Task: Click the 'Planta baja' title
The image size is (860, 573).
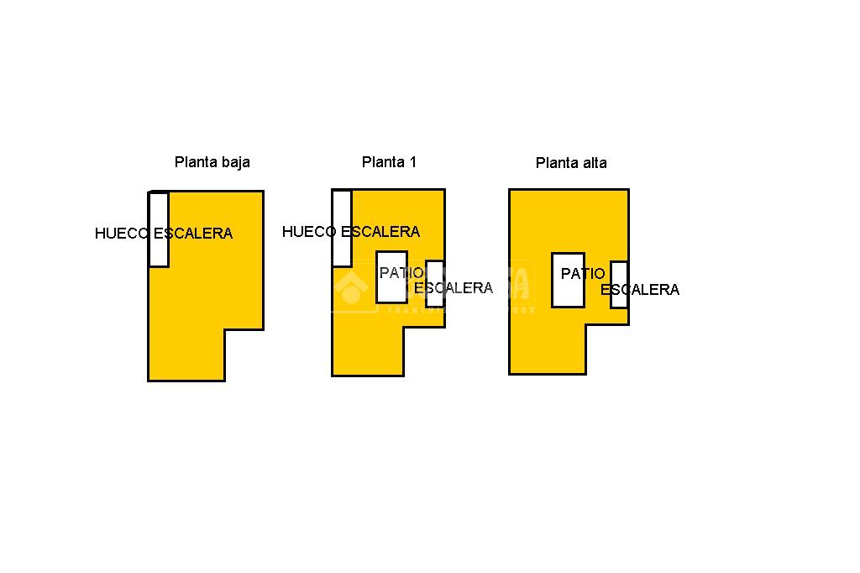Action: [212, 162]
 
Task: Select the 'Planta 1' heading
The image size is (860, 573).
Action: [389, 162]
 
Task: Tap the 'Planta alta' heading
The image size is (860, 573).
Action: [571, 163]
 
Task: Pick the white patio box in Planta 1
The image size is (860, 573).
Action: [391, 290]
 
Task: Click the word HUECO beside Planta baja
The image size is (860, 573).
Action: [122, 234]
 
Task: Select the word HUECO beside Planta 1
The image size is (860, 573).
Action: [309, 232]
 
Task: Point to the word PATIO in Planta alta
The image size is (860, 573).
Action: [583, 274]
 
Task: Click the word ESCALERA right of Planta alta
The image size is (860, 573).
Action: [640, 290]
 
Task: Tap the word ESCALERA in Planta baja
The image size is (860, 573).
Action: [193, 234]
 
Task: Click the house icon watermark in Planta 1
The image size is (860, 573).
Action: [351, 288]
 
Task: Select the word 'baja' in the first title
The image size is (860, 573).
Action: [234, 162]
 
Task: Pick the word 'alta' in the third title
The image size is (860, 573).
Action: [592, 163]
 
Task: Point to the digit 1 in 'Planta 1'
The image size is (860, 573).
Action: [412, 162]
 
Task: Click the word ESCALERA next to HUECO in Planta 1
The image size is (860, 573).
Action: [380, 232]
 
